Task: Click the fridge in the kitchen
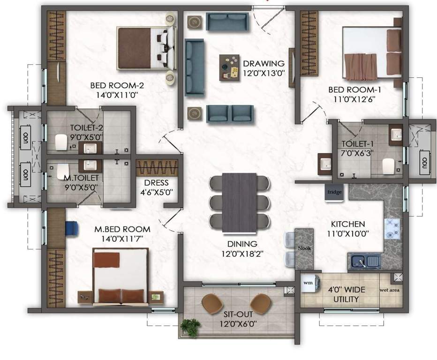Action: click(335, 193)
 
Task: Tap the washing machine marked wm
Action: click(308, 284)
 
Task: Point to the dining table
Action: click(239, 202)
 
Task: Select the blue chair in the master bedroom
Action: click(72, 228)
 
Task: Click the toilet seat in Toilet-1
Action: click(388, 165)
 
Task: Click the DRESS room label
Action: click(157, 183)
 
